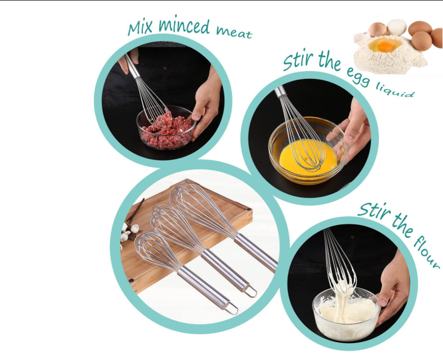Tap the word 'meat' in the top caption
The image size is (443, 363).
[234, 33]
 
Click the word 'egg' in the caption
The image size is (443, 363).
[358, 76]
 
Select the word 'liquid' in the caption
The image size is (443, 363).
[395, 90]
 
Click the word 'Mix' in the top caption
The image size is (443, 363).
[140, 28]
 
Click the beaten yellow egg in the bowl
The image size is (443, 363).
[307, 157]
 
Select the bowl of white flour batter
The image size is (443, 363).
[346, 314]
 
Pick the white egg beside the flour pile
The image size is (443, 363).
[397, 27]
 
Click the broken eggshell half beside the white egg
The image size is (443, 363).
[377, 30]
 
